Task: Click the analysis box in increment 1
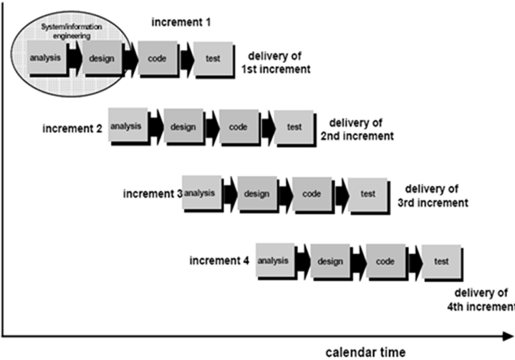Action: (x=45, y=56)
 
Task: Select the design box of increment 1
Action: (x=102, y=56)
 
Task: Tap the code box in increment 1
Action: (x=158, y=57)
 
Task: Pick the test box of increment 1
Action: (x=213, y=58)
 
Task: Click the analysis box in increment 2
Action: (x=127, y=126)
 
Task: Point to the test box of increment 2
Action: (x=294, y=128)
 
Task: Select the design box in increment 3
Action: (x=256, y=193)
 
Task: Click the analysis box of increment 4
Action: (x=272, y=261)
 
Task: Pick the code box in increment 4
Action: (x=385, y=261)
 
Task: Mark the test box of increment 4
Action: (x=441, y=263)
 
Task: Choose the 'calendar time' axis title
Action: (x=367, y=351)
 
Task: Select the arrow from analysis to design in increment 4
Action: (x=302, y=261)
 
